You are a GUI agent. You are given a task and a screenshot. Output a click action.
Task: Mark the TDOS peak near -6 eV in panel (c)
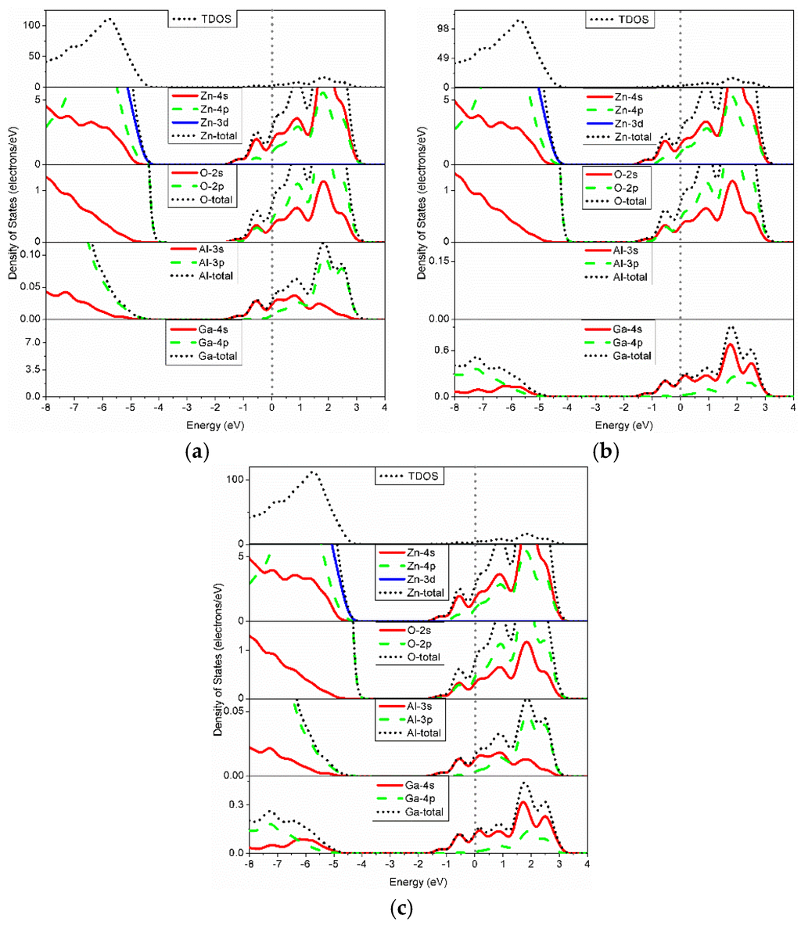click(313, 472)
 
